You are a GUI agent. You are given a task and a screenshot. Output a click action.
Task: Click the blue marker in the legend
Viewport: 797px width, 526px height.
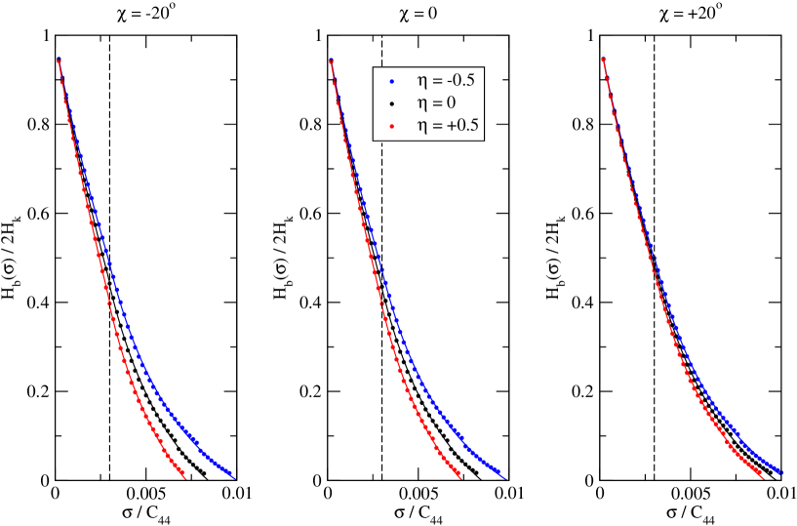(x=390, y=81)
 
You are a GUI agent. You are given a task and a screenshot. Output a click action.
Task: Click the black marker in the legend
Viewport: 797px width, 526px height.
(x=390, y=103)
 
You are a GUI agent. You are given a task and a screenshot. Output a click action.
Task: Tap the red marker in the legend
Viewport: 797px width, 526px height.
(x=390, y=126)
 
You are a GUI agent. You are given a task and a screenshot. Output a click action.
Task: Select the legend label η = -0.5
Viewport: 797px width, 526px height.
(x=445, y=80)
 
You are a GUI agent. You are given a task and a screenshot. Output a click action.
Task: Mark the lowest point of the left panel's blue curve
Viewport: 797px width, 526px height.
(x=232, y=477)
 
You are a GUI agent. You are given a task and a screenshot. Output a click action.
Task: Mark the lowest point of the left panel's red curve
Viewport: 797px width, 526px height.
(x=184, y=477)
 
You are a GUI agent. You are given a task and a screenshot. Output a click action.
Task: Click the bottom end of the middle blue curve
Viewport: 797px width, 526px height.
(x=504, y=477)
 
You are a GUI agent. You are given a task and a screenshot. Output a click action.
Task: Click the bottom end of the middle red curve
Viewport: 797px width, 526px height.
(x=458, y=477)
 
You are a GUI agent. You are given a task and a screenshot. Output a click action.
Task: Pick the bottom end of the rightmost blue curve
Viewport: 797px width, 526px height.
(x=781, y=473)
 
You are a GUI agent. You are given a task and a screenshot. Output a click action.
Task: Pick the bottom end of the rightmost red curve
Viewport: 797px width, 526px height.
(x=762, y=477)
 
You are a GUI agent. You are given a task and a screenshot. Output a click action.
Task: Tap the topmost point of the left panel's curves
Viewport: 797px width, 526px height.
(x=59, y=60)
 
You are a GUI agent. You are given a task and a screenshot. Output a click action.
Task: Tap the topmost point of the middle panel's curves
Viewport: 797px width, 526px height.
(x=332, y=61)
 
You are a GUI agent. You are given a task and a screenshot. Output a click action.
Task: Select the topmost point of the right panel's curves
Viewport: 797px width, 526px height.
(x=604, y=60)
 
